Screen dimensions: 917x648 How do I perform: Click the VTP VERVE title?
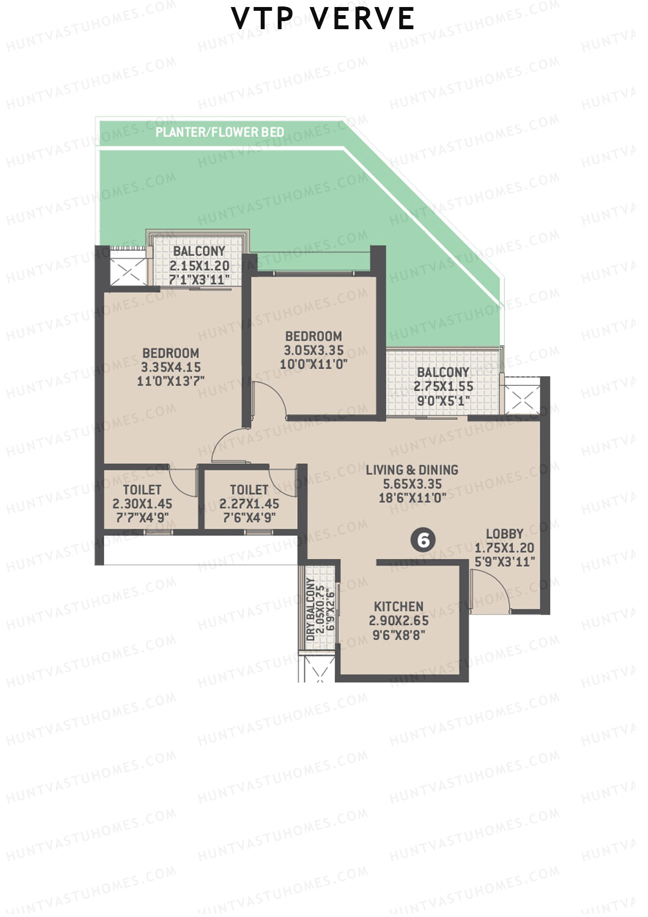click(323, 19)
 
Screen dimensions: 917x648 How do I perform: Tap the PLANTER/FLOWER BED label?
click(219, 132)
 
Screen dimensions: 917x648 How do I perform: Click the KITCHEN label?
click(399, 606)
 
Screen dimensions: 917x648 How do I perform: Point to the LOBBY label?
click(504, 534)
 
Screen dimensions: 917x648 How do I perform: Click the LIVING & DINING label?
click(412, 470)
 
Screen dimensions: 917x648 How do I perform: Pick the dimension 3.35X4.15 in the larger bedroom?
click(171, 367)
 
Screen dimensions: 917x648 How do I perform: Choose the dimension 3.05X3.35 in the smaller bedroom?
click(314, 350)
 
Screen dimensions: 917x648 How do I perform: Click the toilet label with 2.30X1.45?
click(142, 490)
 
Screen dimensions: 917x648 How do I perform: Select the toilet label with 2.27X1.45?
click(249, 490)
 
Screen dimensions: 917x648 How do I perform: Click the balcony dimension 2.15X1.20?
click(199, 266)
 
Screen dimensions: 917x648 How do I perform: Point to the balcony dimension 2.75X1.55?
click(443, 386)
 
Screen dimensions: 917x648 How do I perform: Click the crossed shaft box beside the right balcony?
click(522, 400)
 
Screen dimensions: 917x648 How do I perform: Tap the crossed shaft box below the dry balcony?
click(317, 669)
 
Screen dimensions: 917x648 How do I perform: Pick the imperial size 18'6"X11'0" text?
click(413, 498)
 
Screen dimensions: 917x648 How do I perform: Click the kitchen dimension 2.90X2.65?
click(399, 621)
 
